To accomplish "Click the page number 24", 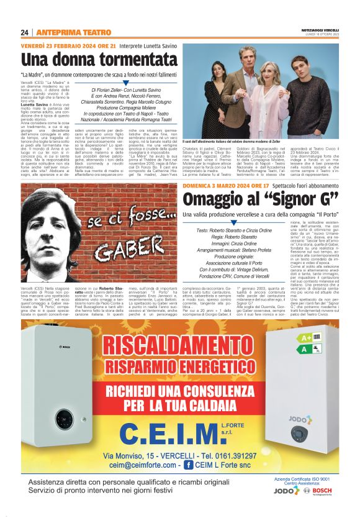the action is point(25,32).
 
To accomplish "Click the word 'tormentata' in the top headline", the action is point(120,60).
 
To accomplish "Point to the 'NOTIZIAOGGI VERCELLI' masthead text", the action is point(323,30).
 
